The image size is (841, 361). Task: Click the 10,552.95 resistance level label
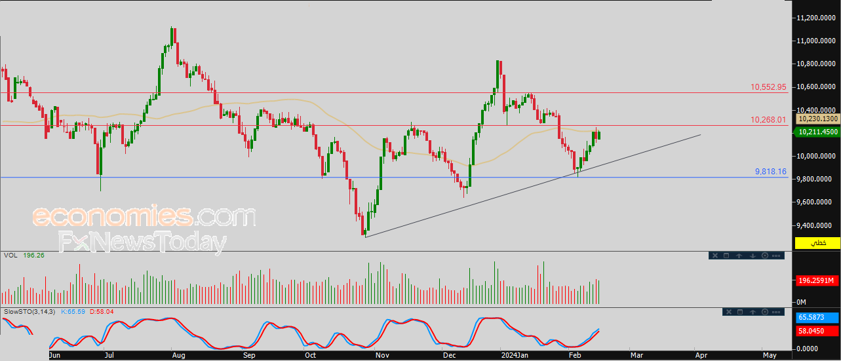pos(768,87)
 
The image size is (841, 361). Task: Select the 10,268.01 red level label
pos(768,120)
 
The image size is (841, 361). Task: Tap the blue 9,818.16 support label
pos(771,172)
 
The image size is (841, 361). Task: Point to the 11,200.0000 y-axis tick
pos(816,18)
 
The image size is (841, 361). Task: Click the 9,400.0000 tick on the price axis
pos(816,225)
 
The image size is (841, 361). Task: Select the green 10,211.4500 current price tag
pos(817,132)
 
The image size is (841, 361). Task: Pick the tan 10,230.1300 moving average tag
pos(817,119)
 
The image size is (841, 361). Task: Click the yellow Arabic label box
pos(817,243)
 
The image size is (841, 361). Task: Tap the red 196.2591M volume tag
pos(817,280)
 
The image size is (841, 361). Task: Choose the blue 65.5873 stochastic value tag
pos(817,318)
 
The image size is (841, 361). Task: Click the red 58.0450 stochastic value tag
pos(817,331)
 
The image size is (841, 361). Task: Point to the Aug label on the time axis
pos(178,355)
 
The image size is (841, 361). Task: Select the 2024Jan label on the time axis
pos(515,355)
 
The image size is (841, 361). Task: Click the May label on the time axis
pos(770,355)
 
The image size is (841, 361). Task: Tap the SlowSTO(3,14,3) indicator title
pos(29,311)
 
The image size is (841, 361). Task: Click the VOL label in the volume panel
pos(10,255)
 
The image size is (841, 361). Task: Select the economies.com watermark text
pos(144,216)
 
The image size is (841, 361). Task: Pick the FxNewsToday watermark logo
pos(143,242)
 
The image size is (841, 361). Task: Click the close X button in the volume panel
pos(715,256)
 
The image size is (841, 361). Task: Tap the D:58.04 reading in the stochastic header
pos(102,311)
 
